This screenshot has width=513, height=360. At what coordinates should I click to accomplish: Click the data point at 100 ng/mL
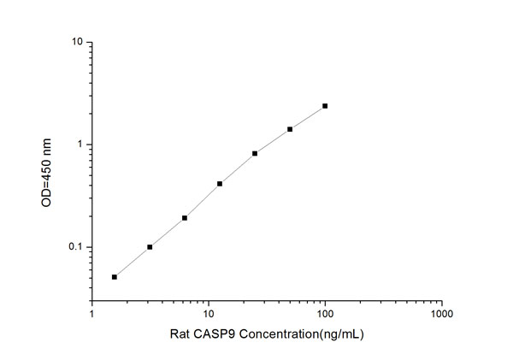pos(325,106)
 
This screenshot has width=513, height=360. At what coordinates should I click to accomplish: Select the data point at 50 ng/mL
pos(290,129)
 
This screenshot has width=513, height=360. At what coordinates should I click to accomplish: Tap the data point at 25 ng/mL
pos(255,154)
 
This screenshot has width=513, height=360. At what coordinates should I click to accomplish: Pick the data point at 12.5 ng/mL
pos(220,184)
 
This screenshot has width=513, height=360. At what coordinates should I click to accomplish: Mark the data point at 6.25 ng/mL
pos(185,218)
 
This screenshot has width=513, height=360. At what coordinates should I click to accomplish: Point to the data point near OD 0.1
pos(150,247)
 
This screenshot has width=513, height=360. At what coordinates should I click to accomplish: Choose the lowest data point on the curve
pos(115,276)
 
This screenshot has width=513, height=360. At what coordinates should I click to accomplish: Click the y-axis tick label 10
pos(77,42)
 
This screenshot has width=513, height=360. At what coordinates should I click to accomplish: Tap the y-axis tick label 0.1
pos(75,248)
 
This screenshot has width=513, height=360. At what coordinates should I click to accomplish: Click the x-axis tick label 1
pos(92,313)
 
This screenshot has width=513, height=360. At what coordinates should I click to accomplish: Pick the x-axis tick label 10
pos(209,313)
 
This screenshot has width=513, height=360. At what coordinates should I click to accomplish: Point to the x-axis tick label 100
pos(325,313)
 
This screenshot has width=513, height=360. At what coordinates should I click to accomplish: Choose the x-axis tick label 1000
pos(441,313)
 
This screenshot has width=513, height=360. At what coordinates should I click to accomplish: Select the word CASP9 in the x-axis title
pos(205,333)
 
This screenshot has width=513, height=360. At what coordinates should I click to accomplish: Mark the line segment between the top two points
pos(308,117)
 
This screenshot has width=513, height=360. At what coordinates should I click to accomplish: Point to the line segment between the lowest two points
pos(133,262)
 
